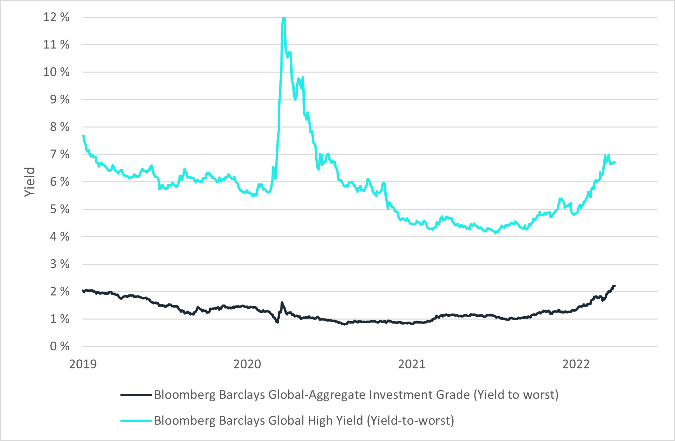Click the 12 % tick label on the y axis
[56, 17]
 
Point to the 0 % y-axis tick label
[60, 346]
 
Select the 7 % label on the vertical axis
[60, 154]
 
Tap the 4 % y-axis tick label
[60, 237]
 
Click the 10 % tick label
[56, 72]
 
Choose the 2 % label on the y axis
[60, 291]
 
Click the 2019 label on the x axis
[83, 364]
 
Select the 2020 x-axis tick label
[247, 364]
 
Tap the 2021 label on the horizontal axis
[411, 364]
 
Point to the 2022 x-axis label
[576, 364]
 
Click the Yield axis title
[30, 182]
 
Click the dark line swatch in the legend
[136, 395]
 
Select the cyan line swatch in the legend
[136, 421]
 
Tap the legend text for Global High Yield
[304, 421]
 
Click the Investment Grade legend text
[356, 395]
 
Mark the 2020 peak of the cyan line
[284, 18]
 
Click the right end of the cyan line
[614, 163]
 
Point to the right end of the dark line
[614, 286]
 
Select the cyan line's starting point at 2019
[83, 136]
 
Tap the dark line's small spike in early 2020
[282, 303]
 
